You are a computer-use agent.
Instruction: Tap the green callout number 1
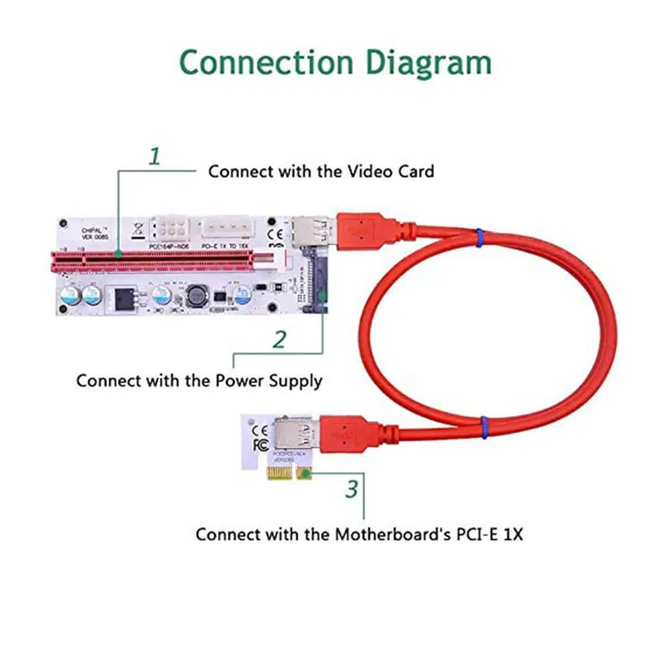pyautogui.click(x=155, y=157)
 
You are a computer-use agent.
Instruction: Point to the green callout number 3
pyautogui.click(x=352, y=490)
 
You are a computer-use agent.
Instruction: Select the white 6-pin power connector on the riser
pyautogui.click(x=173, y=232)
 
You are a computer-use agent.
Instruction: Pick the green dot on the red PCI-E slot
pyautogui.click(x=118, y=254)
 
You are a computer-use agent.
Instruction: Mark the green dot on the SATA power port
pyautogui.click(x=322, y=293)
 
